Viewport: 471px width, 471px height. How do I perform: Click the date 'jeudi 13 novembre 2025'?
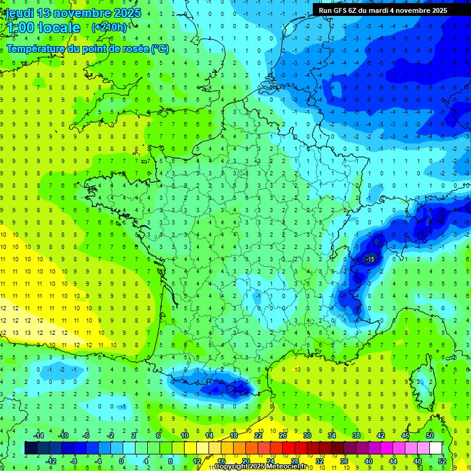73,13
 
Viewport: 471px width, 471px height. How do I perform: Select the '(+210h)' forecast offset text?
109,27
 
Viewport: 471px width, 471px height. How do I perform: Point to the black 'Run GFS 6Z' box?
391,10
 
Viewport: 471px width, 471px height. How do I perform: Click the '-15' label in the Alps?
370,260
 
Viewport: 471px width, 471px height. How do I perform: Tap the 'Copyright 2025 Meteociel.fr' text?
261,467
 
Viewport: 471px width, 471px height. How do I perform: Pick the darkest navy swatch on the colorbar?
31,448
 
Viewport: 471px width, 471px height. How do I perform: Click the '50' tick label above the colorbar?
430,435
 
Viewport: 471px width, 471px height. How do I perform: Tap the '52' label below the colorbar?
442,461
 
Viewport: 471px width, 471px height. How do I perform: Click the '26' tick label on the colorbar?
283,435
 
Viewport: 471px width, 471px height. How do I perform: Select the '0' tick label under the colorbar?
121,461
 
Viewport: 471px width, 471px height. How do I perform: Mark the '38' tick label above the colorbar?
356,435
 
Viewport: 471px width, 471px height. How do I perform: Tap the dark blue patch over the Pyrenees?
224,388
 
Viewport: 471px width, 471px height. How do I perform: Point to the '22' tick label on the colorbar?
258,435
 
